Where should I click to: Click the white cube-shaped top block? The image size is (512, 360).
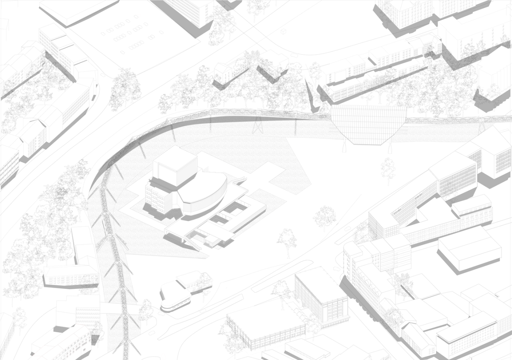point(175,164)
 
